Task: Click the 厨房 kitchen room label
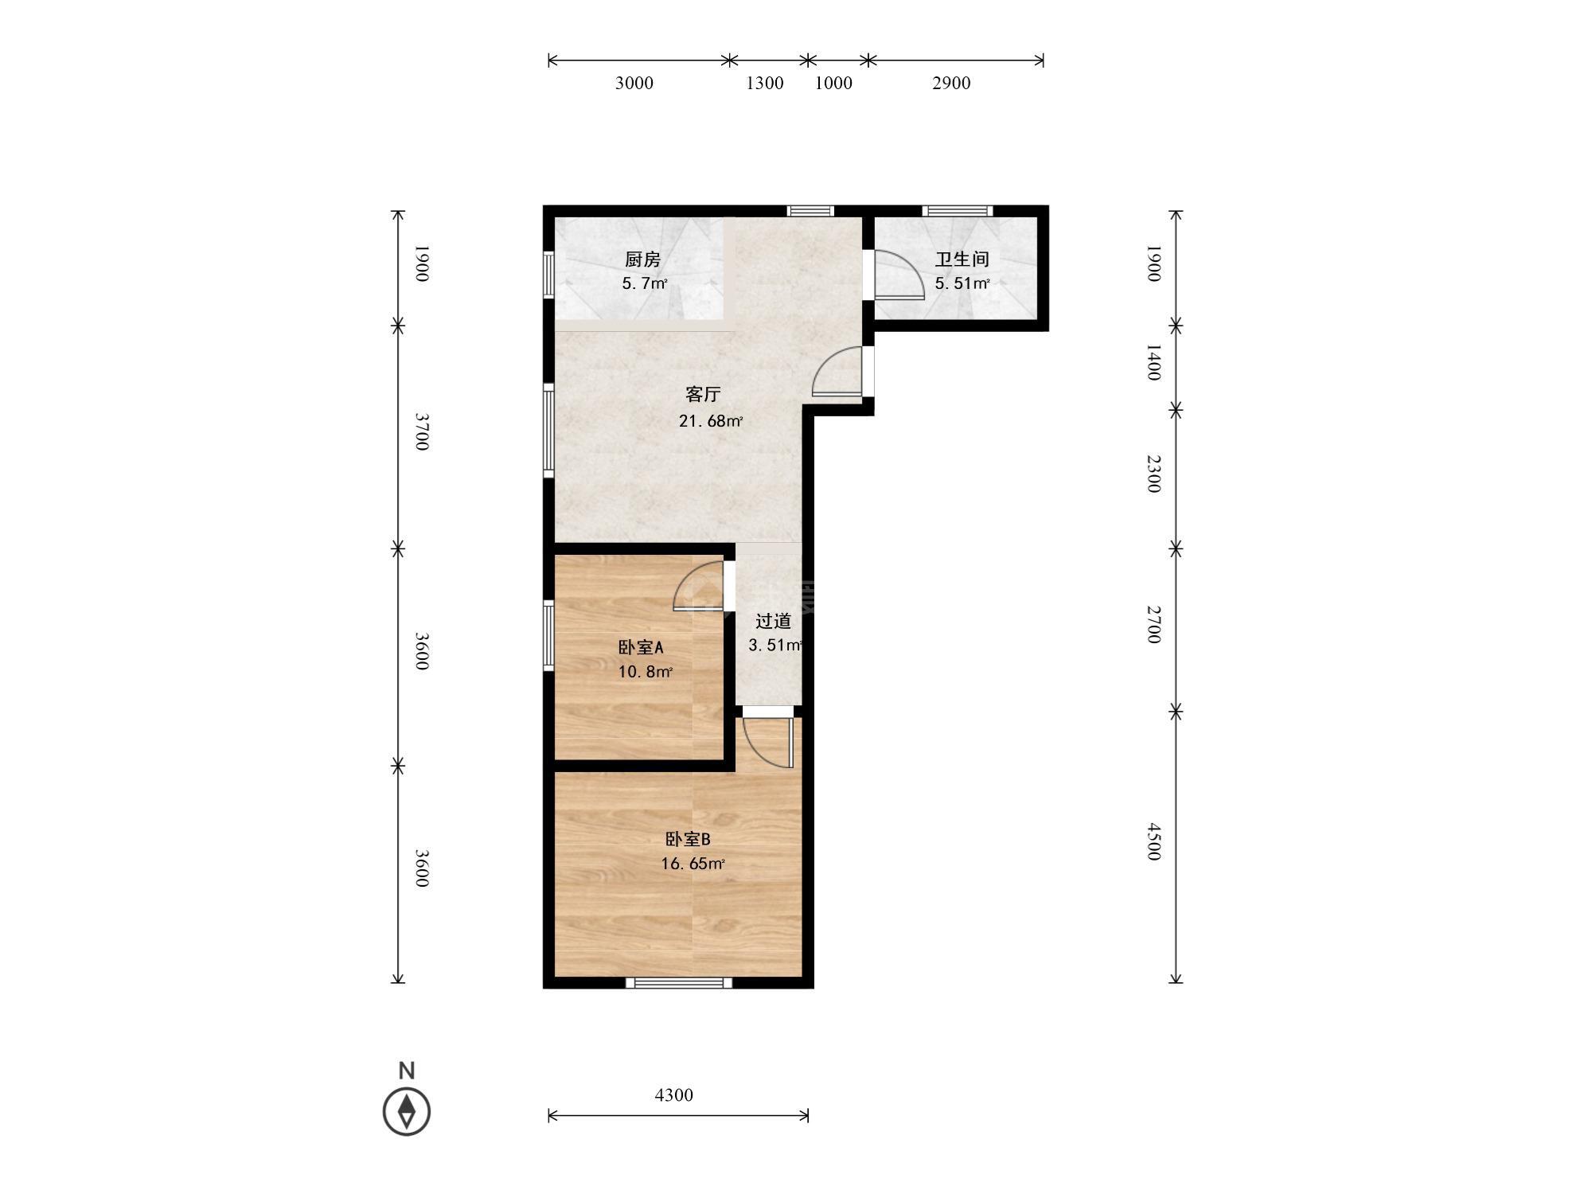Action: tap(642, 259)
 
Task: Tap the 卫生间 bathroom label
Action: tap(962, 259)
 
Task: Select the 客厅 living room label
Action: tap(703, 394)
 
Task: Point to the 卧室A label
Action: tap(641, 647)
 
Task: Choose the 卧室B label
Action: tap(688, 839)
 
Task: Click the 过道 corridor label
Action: tap(773, 621)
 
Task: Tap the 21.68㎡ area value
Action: tap(711, 421)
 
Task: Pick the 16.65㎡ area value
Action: tap(693, 864)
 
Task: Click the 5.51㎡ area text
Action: tap(962, 283)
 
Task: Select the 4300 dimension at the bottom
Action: tap(674, 1095)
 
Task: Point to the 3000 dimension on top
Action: tap(634, 83)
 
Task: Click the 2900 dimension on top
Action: tap(951, 83)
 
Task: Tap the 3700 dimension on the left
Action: tap(423, 431)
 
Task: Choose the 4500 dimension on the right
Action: tap(1154, 841)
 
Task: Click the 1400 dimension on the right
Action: tap(1154, 362)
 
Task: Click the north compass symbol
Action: tap(407, 1110)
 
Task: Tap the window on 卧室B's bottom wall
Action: tap(679, 982)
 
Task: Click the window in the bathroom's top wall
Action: tap(958, 211)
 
